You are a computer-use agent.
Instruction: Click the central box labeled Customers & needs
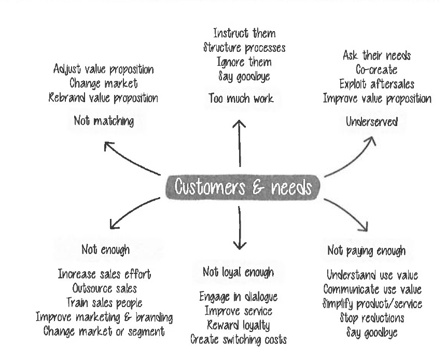[243, 187]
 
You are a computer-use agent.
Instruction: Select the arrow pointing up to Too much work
[239, 143]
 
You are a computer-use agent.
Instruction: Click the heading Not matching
[104, 121]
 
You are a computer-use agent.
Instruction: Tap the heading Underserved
[372, 122]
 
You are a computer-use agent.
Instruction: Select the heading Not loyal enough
[238, 271]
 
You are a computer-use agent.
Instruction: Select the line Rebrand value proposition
[104, 97]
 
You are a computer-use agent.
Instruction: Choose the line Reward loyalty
[238, 325]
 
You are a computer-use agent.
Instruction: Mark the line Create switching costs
[238, 340]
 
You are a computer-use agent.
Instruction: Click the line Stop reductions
[372, 317]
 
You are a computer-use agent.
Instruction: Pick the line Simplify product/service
[372, 303]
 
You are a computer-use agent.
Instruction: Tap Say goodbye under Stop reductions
[372, 331]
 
